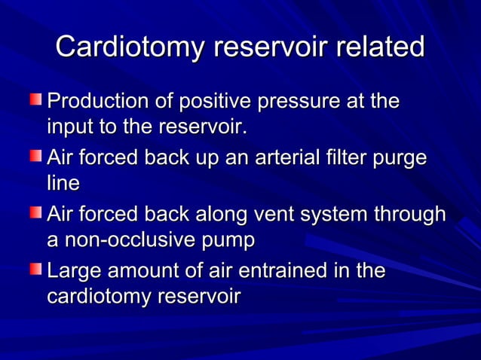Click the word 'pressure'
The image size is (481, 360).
(x=298, y=102)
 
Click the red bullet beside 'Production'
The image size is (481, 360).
(x=36, y=99)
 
